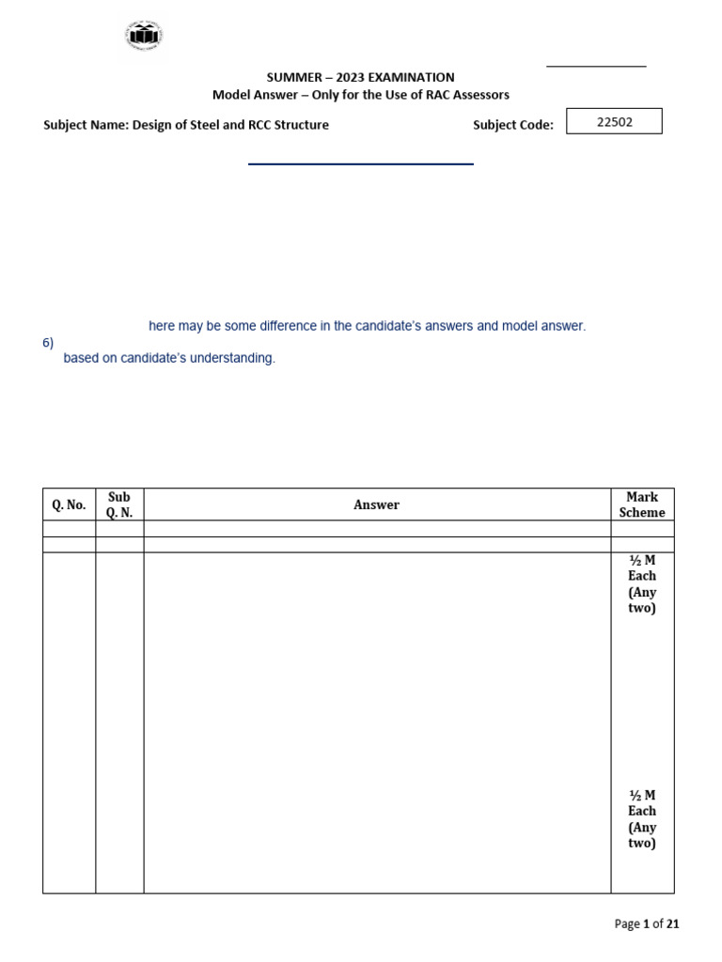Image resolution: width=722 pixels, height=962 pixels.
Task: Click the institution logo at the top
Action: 143,39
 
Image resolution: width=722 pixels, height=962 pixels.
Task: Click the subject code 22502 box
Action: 614,122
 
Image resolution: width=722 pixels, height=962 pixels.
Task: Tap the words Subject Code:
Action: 513,125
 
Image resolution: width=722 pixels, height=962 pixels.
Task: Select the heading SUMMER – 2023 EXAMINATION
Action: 360,78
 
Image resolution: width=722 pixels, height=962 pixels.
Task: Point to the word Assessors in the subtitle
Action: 478,95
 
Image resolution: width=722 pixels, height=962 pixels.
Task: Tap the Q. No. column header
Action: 69,504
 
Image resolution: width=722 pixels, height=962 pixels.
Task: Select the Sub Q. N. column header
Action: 119,504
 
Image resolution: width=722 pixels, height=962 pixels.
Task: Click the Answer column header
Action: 376,504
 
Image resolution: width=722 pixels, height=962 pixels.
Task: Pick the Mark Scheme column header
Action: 642,504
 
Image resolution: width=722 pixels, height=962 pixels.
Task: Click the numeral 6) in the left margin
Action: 48,343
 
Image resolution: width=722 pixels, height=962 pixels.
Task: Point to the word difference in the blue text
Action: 285,326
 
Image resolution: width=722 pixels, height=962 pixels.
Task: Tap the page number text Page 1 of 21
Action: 647,924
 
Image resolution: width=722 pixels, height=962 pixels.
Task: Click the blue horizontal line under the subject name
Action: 360,164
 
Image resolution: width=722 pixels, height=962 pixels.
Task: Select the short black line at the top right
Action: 596,67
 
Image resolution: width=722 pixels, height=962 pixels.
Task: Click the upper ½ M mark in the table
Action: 642,560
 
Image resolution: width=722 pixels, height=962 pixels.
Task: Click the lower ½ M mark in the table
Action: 642,795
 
